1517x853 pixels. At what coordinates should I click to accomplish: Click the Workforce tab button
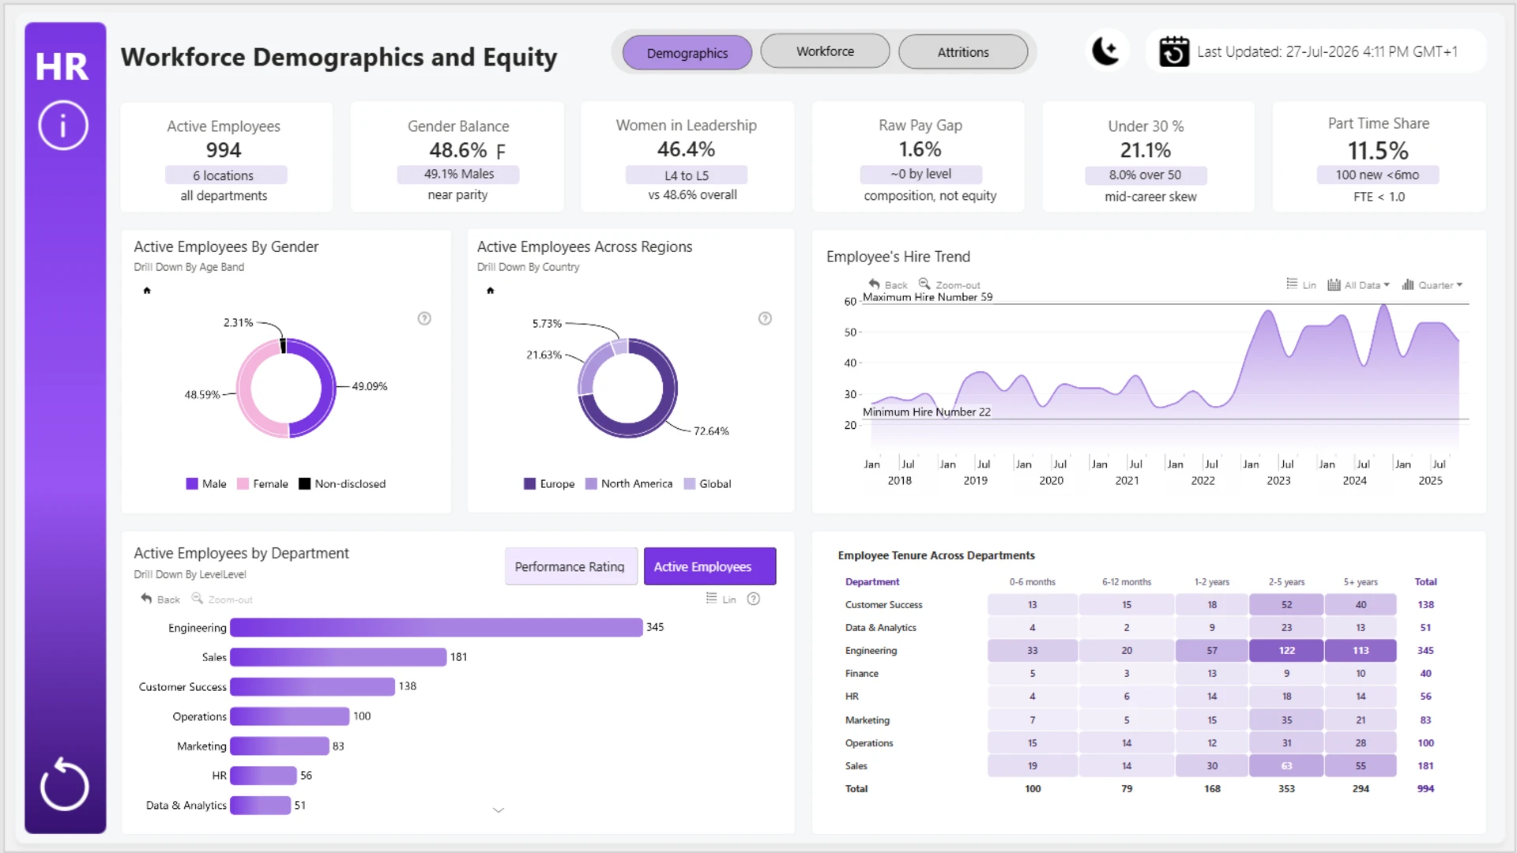pos(825,51)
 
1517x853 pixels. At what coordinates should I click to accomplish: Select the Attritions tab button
pos(963,52)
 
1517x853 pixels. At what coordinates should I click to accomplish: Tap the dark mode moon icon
pos(1105,51)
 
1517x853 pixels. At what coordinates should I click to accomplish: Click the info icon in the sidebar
pos(63,125)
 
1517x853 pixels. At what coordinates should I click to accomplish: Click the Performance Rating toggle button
pos(570,566)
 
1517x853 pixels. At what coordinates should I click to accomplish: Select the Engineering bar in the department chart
pos(436,627)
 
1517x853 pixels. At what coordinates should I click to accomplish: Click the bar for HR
pos(263,776)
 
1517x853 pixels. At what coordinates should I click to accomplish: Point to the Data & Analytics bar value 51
pos(300,805)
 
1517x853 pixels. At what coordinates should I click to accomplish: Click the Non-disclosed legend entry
pos(342,483)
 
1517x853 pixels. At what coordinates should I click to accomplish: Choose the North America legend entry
pos(629,483)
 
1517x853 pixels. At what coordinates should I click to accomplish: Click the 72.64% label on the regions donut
pos(711,431)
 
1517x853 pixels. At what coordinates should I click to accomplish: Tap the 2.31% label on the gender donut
pos(238,322)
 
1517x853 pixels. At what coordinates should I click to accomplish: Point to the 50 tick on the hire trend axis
pos(850,333)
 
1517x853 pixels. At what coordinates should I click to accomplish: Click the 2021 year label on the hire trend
pos(1127,480)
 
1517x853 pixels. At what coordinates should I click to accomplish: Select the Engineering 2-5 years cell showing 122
pos(1286,651)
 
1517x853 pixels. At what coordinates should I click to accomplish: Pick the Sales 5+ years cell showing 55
pos(1361,766)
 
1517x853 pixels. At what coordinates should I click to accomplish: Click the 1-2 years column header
pos(1212,582)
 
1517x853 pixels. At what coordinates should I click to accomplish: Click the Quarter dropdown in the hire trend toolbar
pos(1432,285)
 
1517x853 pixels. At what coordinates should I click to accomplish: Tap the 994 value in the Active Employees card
pos(224,150)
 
